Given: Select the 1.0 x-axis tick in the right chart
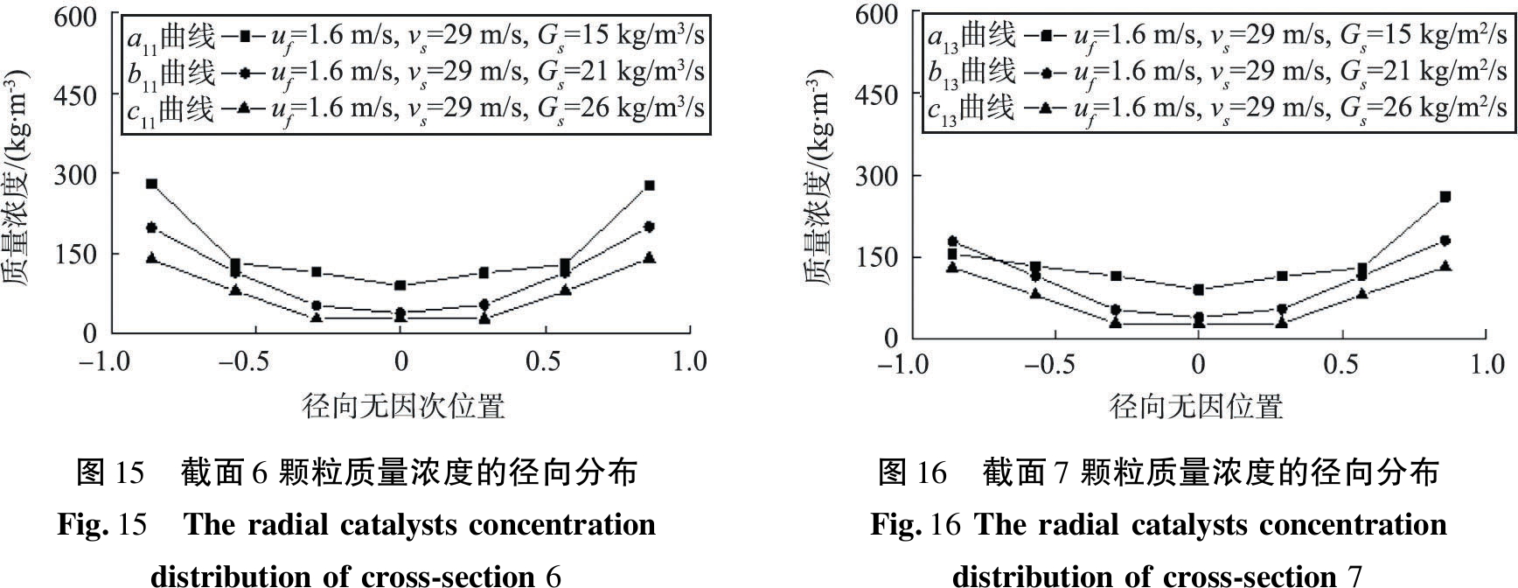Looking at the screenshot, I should click(1487, 364).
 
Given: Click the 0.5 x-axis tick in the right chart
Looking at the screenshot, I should click(1341, 364).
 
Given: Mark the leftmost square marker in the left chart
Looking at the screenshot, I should click(151, 184).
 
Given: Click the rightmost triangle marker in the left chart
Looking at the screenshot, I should click(650, 258).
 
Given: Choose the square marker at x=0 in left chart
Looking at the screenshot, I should click(400, 285).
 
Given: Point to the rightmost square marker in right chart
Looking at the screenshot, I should click(1445, 197).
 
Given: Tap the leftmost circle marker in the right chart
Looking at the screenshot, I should click(953, 241).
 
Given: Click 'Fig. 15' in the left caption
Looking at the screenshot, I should click(101, 524).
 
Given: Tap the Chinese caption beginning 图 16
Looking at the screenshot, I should click(1158, 472).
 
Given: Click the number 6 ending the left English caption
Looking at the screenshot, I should click(552, 576).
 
